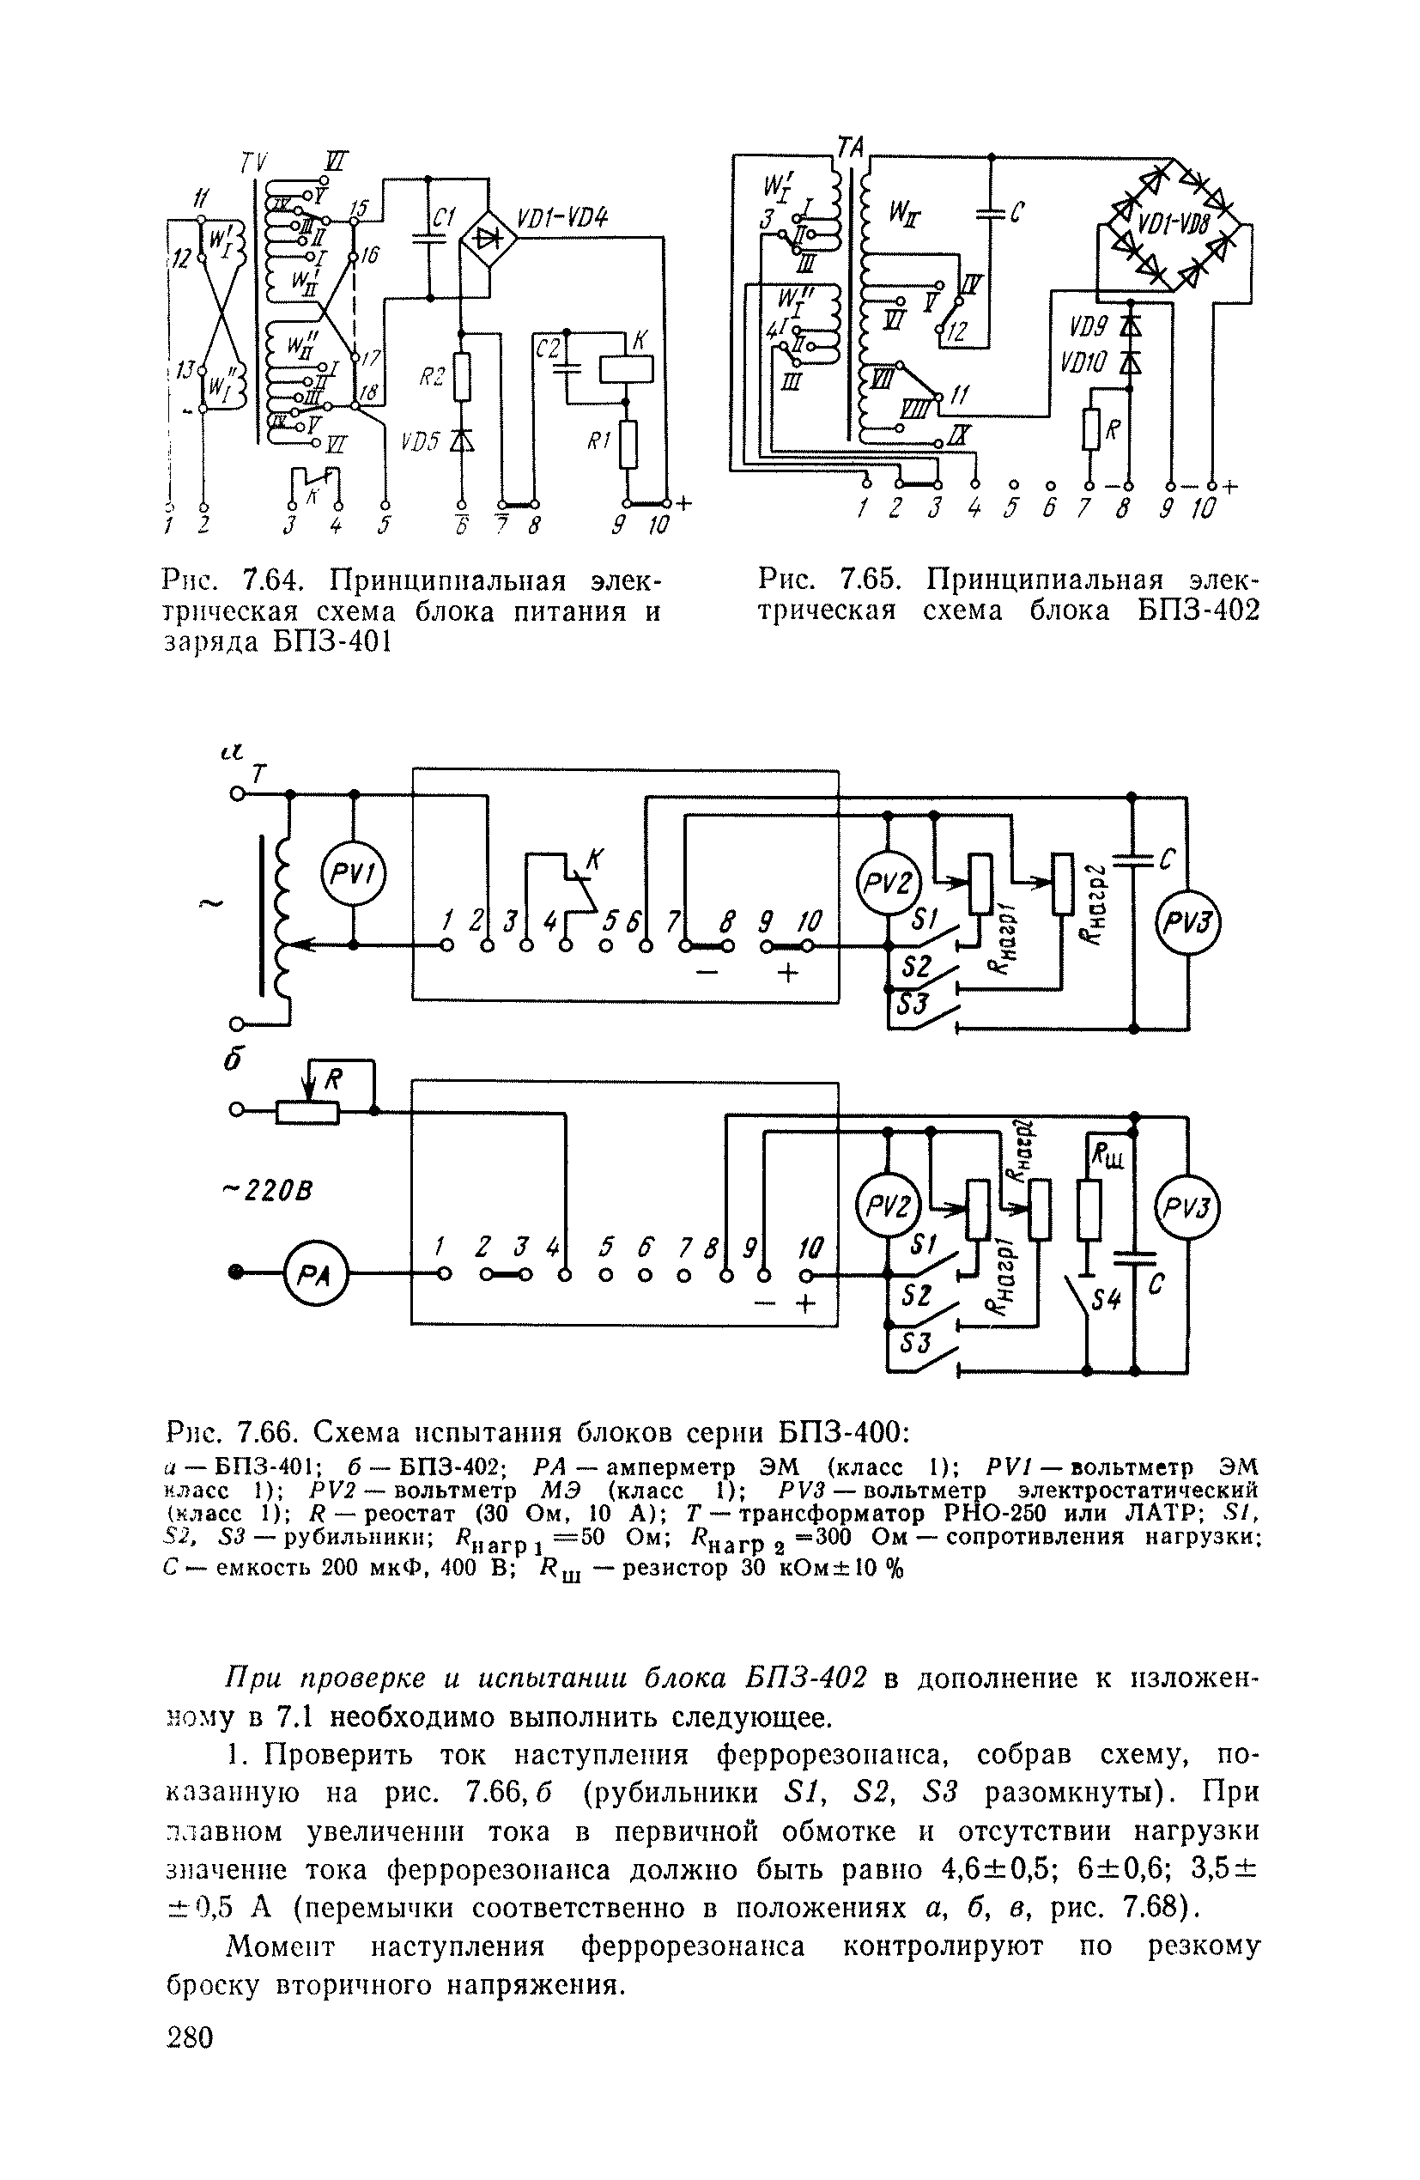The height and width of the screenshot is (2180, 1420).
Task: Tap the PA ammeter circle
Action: tap(312, 1273)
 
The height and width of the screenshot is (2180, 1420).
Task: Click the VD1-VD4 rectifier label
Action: tap(562, 218)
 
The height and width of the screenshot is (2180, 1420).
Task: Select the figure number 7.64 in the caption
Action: tap(273, 580)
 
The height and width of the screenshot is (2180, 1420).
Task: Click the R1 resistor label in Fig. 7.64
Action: tap(599, 441)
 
